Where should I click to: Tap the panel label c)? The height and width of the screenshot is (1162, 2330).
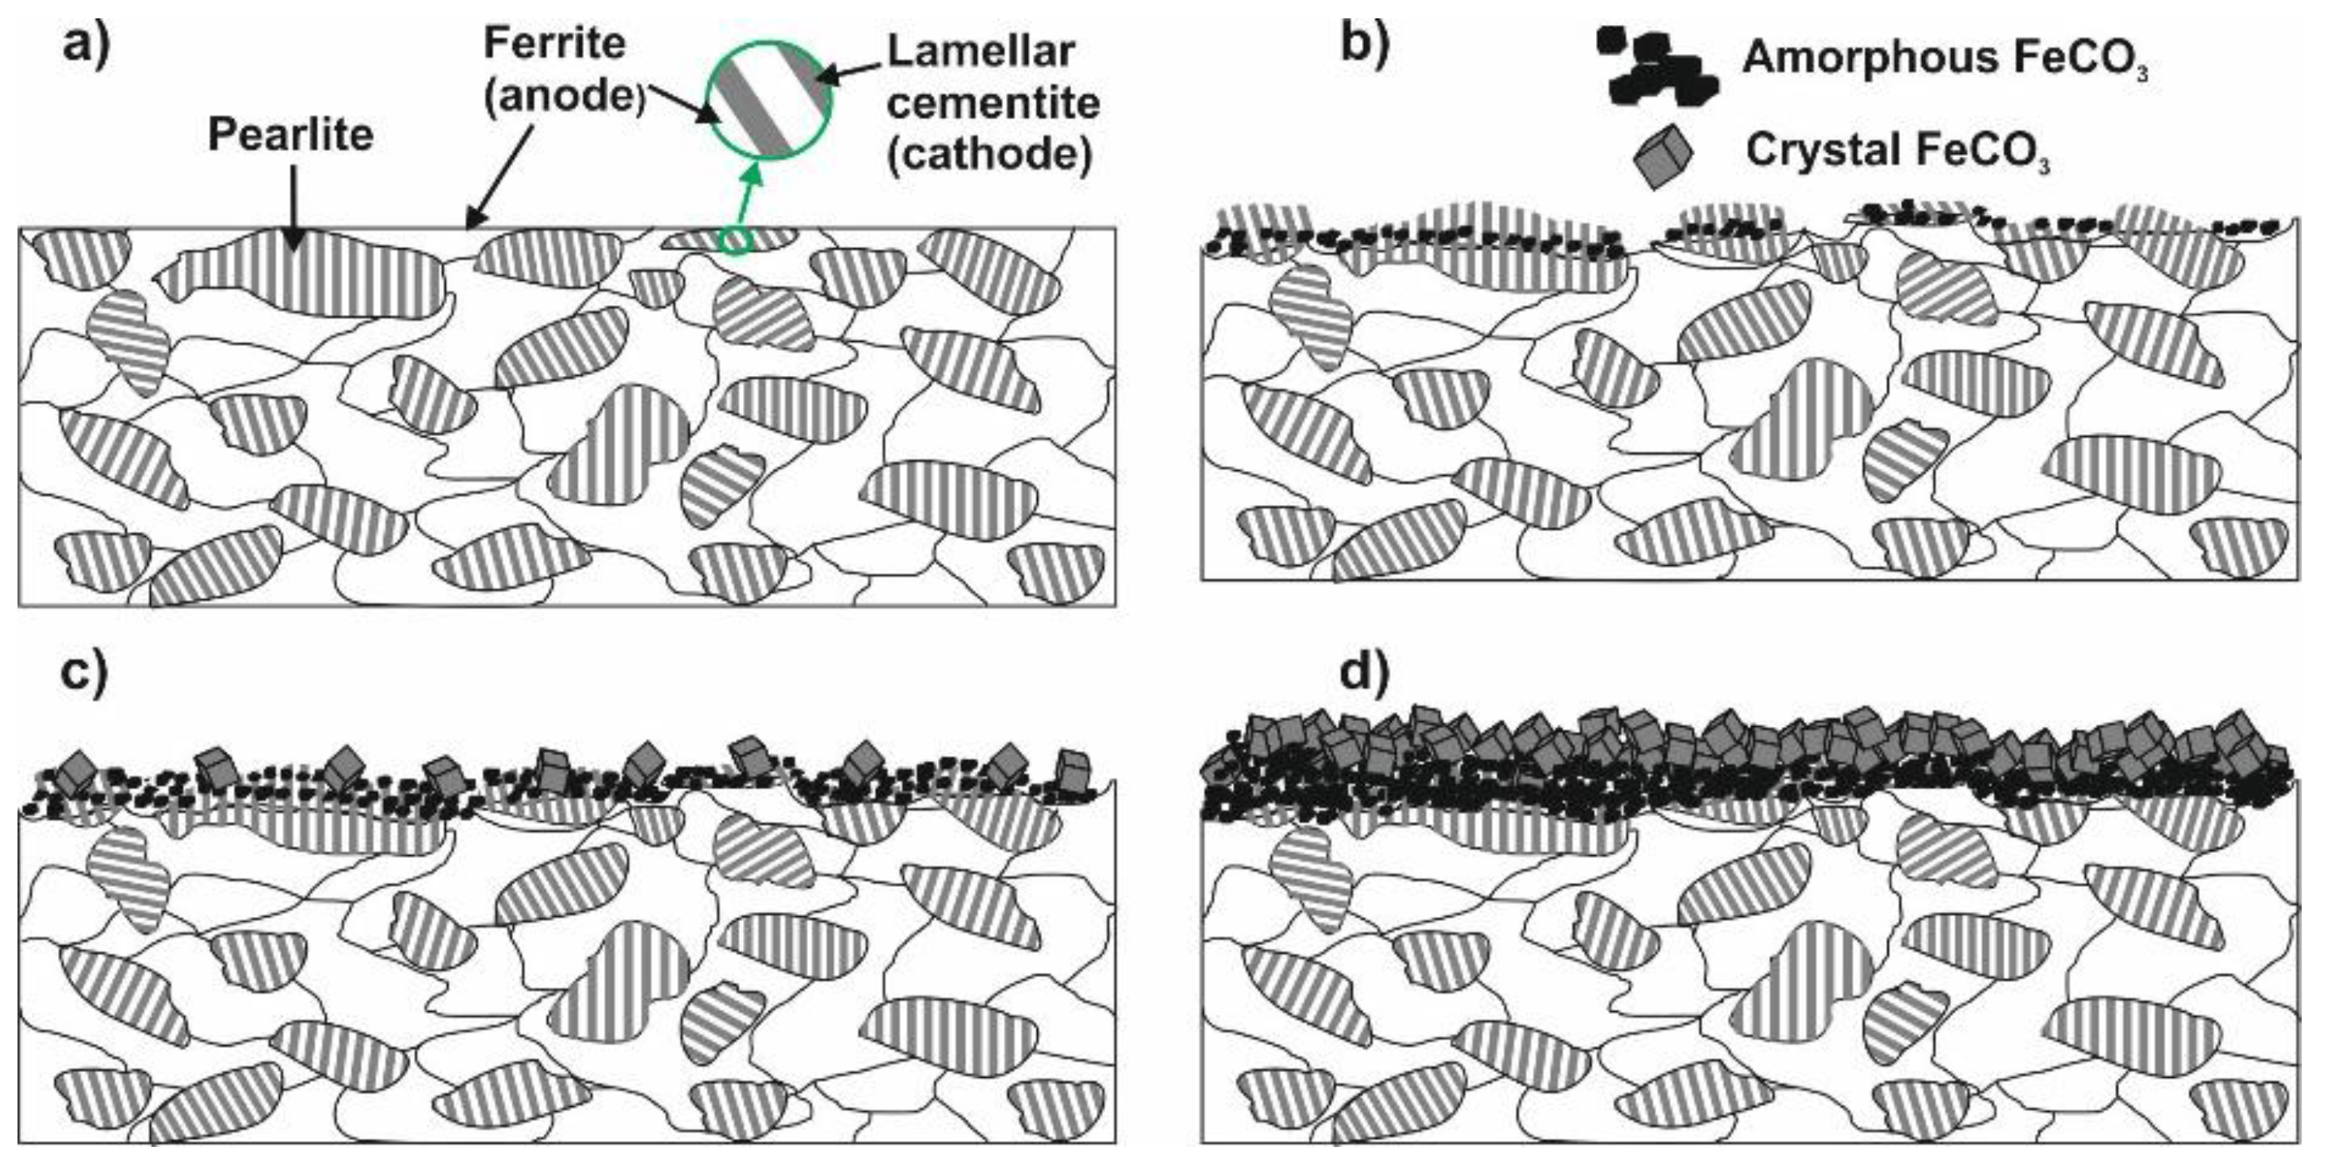click(x=83, y=675)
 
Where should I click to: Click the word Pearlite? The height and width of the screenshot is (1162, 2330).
click(x=291, y=136)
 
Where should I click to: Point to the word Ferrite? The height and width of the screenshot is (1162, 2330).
click(x=555, y=43)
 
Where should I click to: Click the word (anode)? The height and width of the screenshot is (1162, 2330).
click(x=563, y=96)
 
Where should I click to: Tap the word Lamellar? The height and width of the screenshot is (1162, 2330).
click(x=980, y=52)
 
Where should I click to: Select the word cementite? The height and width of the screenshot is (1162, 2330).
click(x=992, y=103)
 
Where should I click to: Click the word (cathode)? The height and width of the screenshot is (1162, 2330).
click(x=990, y=155)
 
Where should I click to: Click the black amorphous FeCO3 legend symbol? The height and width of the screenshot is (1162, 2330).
click(x=1657, y=68)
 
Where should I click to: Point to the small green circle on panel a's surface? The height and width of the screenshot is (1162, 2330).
click(x=736, y=241)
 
